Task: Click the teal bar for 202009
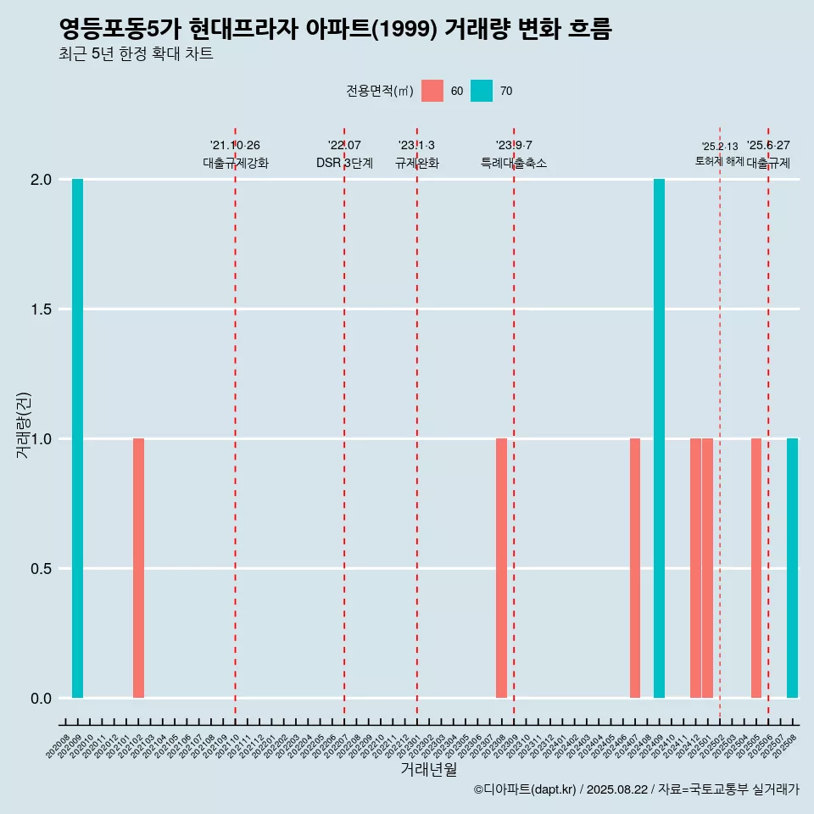point(77,438)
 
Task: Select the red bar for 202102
point(138,568)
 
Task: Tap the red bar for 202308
point(501,568)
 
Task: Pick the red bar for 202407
point(635,568)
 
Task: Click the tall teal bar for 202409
point(659,438)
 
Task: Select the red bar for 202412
point(695,568)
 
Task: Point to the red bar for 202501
point(707,568)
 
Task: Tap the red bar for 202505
point(756,568)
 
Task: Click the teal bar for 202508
point(792,568)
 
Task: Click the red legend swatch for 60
point(432,91)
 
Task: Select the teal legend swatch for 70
point(482,91)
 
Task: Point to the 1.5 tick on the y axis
point(41,309)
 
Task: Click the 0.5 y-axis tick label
point(41,569)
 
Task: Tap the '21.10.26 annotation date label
point(235,146)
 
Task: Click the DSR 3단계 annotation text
point(344,163)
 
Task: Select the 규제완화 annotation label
point(417,163)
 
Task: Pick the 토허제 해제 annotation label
point(719,161)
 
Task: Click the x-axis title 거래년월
point(428,770)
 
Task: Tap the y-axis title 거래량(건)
point(24,425)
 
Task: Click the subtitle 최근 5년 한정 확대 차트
point(136,54)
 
